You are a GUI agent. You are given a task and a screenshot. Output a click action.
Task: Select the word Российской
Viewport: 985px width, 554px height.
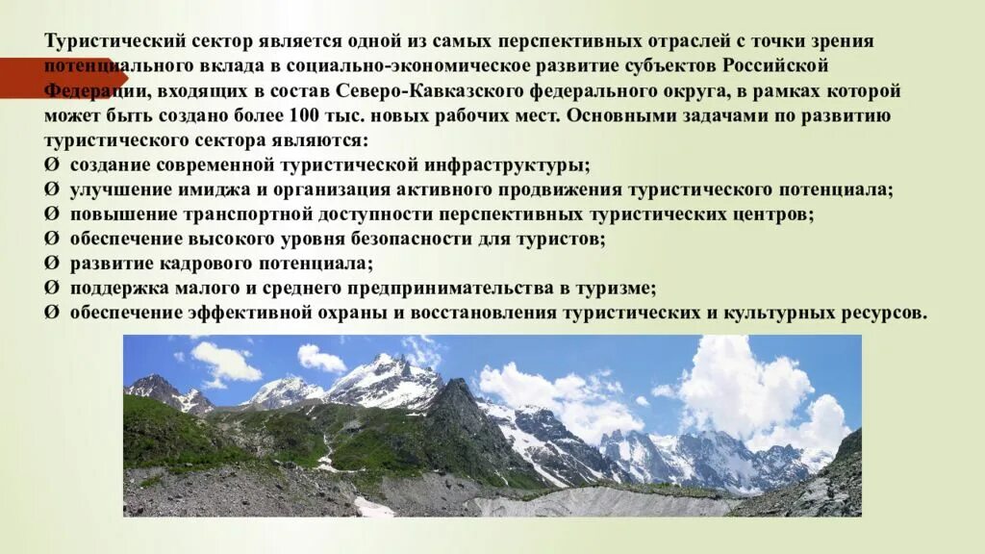(x=777, y=66)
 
